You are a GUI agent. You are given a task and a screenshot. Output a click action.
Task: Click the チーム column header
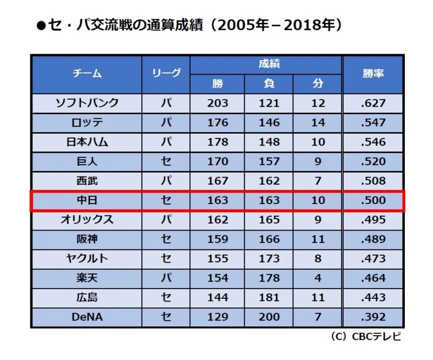point(87,74)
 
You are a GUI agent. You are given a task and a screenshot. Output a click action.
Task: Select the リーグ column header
point(166,73)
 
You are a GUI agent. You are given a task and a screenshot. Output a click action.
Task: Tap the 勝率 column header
point(373,74)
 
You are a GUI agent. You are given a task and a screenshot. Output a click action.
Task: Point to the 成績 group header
point(269,64)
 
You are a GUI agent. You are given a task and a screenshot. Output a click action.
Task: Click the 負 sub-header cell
point(269,83)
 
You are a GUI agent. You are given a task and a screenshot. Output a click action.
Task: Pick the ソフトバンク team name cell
point(87,103)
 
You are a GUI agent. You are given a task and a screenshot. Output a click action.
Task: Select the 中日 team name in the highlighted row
point(87,200)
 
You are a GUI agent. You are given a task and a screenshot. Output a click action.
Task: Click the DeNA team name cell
point(87,317)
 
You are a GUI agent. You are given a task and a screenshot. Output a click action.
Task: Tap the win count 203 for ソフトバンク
point(218,103)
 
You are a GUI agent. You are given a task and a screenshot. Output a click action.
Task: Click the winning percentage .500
point(373,200)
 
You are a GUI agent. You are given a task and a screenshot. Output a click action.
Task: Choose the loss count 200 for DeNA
point(269,317)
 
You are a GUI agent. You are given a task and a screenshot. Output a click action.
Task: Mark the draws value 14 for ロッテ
point(318,123)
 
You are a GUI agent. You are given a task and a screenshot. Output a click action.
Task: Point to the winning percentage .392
point(373,317)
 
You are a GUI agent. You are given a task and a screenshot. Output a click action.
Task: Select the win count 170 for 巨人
point(218,161)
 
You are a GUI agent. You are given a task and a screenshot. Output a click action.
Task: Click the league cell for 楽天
point(166,278)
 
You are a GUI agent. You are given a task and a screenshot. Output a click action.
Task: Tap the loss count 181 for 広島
point(269,298)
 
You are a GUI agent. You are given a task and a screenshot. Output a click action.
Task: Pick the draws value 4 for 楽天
point(318,278)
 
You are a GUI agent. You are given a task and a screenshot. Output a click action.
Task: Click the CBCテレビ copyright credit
point(366,337)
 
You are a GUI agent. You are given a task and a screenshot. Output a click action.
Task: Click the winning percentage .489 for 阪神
point(373,239)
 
